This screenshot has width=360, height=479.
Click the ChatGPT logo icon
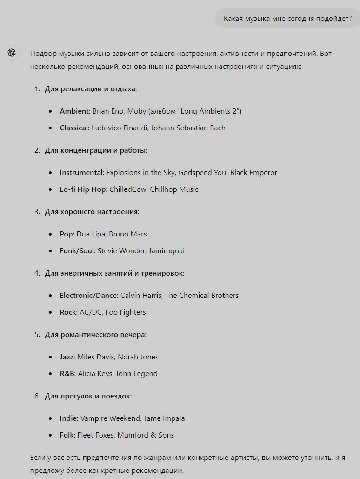point(12,53)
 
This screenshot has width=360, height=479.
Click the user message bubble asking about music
point(287,18)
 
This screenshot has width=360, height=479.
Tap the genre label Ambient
point(74,111)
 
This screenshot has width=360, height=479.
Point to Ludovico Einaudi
point(119,128)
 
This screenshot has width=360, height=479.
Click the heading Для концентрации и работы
point(96,150)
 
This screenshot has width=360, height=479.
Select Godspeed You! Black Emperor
point(228,173)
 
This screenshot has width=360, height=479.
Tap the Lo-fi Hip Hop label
point(83,189)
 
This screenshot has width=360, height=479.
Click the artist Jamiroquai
point(167,251)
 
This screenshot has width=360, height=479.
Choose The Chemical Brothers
point(202,296)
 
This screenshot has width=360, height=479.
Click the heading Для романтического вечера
point(95,335)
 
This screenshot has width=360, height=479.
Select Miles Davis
point(95,357)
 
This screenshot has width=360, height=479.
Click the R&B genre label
point(67,374)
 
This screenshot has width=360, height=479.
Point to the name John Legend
point(137,374)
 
